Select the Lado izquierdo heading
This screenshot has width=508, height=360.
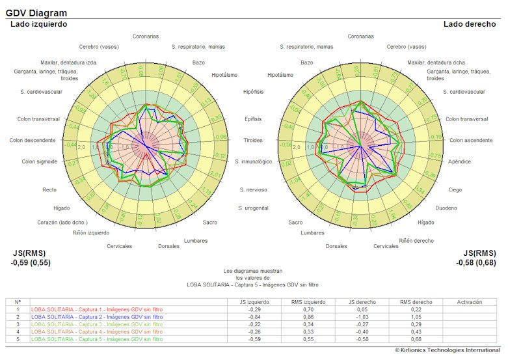(x=39, y=24)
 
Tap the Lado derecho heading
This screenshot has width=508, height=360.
(x=470, y=24)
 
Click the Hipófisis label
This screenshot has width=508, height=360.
(x=253, y=92)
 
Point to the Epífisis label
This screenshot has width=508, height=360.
(x=254, y=119)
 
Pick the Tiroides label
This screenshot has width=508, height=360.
(x=253, y=140)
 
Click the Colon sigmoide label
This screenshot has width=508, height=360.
(x=40, y=161)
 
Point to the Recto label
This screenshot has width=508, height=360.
(x=49, y=189)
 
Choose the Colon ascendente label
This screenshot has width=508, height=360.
(x=471, y=140)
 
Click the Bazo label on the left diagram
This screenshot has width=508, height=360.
(x=198, y=62)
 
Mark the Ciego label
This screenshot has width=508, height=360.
(x=455, y=189)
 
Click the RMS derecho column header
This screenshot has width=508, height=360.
(x=410, y=302)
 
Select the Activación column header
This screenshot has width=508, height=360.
(x=470, y=302)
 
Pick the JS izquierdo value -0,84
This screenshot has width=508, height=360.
(x=254, y=316)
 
